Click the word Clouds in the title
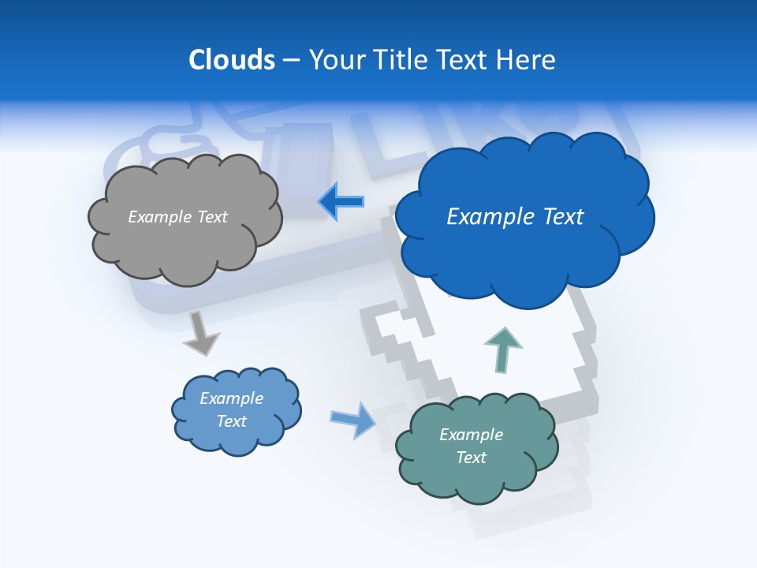pyautogui.click(x=232, y=60)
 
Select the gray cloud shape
pyautogui.click(x=185, y=245)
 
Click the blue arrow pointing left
pyautogui.click(x=341, y=201)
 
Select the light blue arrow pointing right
pyautogui.click(x=352, y=419)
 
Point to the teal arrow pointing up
pyautogui.click(x=502, y=348)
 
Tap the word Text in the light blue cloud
pyautogui.click(x=232, y=421)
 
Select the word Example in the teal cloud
pyautogui.click(x=471, y=435)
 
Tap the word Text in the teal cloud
pyautogui.click(x=471, y=458)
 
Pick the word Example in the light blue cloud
pyautogui.click(x=232, y=398)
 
